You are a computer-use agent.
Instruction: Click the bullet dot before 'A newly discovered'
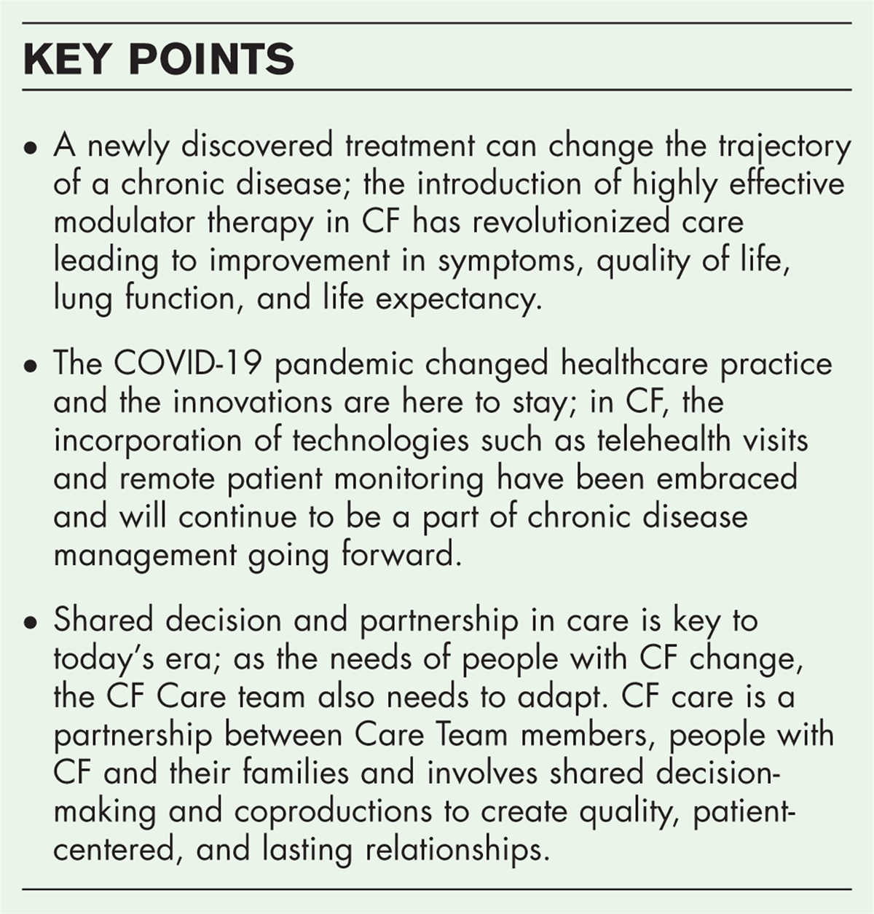[x=29, y=148]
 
